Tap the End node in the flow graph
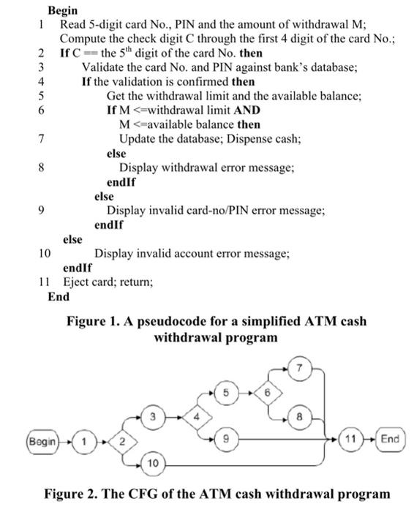tap(391, 439)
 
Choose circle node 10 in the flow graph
tap(151, 464)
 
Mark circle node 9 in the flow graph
tap(227, 440)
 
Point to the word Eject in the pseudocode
tap(76, 282)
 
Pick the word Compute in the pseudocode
tap(82, 39)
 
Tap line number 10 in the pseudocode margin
tap(44, 254)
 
